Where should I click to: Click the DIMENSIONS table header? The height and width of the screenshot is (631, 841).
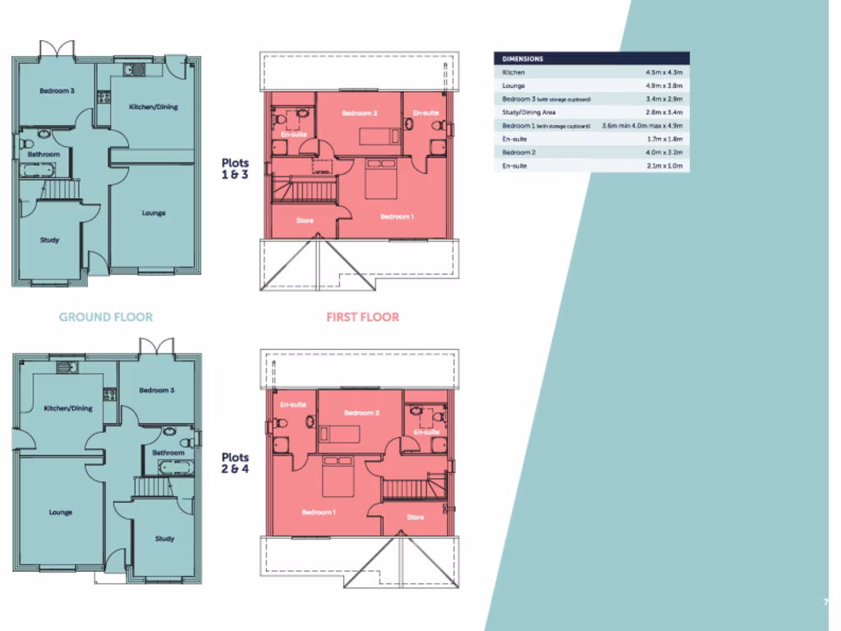click(x=522, y=59)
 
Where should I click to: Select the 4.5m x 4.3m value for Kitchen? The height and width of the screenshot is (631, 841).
click(x=664, y=72)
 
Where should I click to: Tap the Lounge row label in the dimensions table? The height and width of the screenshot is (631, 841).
click(x=514, y=85)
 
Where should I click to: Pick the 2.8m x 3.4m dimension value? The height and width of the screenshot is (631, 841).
click(x=664, y=112)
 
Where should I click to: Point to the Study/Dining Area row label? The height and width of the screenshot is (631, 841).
click(x=530, y=112)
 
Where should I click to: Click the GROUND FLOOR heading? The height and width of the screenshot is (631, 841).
click(x=106, y=316)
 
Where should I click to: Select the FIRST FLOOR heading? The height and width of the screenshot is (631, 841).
click(x=363, y=316)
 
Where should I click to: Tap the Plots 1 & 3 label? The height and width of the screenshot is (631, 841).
click(x=235, y=168)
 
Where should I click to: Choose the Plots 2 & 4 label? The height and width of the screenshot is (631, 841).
click(x=235, y=463)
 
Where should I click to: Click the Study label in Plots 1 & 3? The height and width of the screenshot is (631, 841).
click(x=49, y=240)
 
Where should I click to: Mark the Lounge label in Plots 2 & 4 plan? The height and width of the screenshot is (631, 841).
click(x=61, y=512)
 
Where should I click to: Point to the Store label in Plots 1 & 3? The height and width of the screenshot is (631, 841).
click(x=305, y=220)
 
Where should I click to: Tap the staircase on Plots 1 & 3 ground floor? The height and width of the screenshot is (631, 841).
click(x=59, y=191)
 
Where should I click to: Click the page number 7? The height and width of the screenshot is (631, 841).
click(x=825, y=602)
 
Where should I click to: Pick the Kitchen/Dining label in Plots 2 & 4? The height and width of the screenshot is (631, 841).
click(x=68, y=408)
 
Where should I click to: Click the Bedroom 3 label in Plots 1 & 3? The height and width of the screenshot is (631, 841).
click(x=57, y=91)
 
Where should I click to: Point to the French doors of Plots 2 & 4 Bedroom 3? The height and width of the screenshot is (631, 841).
click(x=156, y=348)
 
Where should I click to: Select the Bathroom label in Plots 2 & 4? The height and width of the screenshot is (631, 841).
click(x=168, y=453)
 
